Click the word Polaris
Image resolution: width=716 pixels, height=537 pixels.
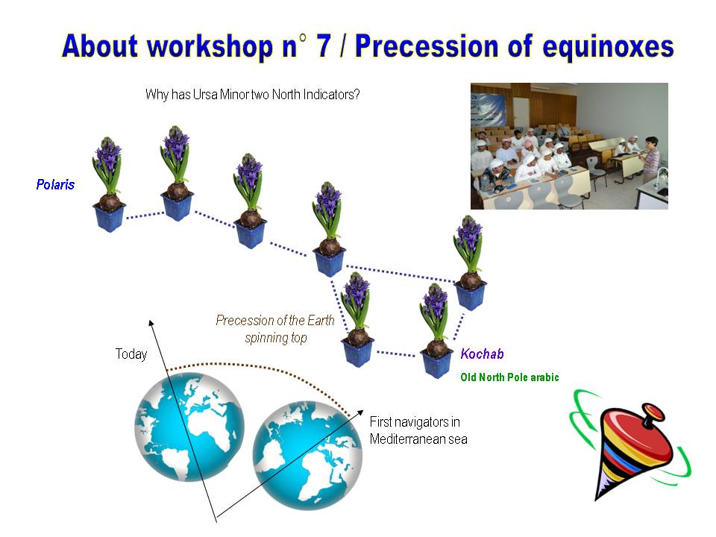[x=55, y=184]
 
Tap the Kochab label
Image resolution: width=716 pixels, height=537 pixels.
[x=483, y=354]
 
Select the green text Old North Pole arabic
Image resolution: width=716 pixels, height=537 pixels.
[x=509, y=377]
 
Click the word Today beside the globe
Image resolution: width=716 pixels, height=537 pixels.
[x=131, y=354]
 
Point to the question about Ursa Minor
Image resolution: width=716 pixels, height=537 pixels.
[x=253, y=95]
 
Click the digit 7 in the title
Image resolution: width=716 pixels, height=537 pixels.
[x=323, y=46]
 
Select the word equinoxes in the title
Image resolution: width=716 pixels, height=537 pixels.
[x=609, y=48]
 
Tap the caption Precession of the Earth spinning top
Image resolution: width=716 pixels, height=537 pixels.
[x=275, y=329]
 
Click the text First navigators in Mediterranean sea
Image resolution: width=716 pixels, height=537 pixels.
[x=418, y=430]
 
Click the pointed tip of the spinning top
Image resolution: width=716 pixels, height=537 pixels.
[x=597, y=499]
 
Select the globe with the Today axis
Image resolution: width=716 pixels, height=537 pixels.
[x=189, y=427]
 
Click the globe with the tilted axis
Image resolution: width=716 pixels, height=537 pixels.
[x=308, y=455]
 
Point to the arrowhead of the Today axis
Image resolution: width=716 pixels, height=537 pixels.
[x=151, y=323]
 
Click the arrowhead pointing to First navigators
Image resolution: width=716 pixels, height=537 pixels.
[x=360, y=412]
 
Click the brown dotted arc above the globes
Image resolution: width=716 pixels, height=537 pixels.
[x=260, y=366]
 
